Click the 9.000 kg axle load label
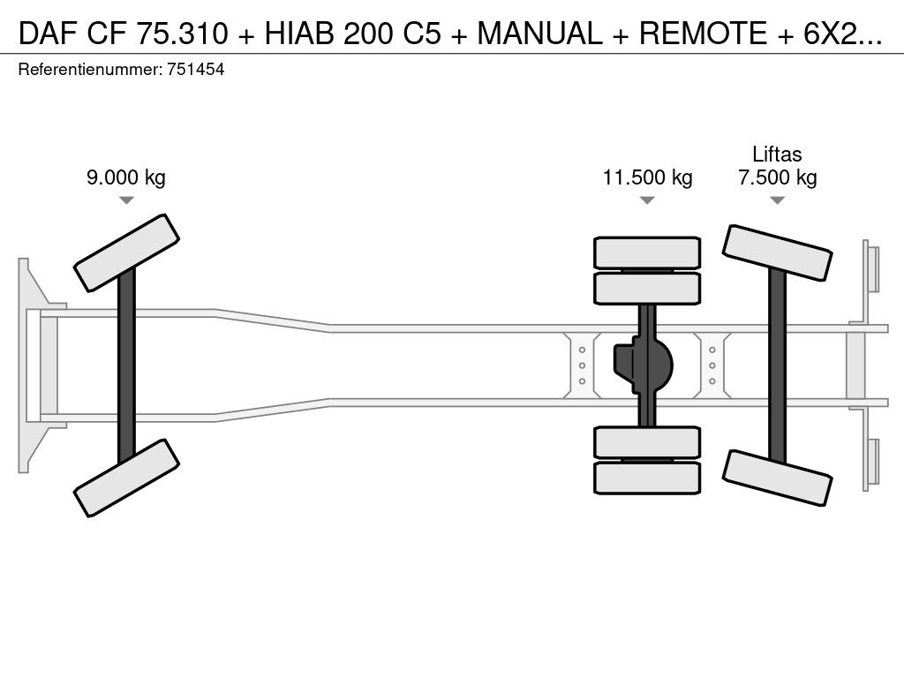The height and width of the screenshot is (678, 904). (125, 177)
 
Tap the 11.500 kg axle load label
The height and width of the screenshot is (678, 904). (647, 177)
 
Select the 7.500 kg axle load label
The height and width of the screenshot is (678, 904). (777, 177)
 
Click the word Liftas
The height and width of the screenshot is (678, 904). (777, 154)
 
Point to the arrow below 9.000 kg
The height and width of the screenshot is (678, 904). (126, 200)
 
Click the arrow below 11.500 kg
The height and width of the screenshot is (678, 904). (647, 200)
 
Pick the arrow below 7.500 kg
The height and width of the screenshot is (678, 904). (777, 200)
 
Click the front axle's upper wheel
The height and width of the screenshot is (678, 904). (126, 252)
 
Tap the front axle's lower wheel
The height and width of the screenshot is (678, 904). (126, 478)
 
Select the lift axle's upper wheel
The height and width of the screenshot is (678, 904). (777, 253)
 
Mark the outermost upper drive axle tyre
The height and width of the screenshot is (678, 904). (647, 252)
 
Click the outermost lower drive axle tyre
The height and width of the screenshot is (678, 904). (647, 478)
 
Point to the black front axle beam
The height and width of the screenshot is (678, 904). (126, 365)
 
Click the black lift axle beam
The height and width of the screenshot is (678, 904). (777, 365)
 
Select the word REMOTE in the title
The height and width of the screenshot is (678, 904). (704, 33)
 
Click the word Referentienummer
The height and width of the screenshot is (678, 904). (88, 69)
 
